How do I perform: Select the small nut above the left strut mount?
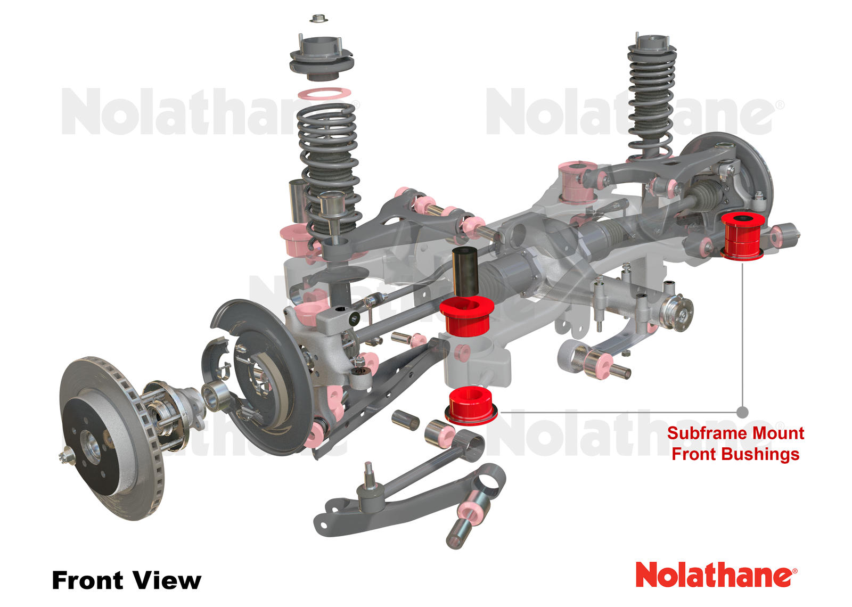(318, 19)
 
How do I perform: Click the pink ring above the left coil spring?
(324, 94)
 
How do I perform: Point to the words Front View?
(126, 580)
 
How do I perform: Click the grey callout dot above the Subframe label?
(742, 412)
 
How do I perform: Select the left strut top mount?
(321, 56)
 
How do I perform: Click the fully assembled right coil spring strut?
(651, 96)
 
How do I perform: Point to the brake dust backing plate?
(266, 373)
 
